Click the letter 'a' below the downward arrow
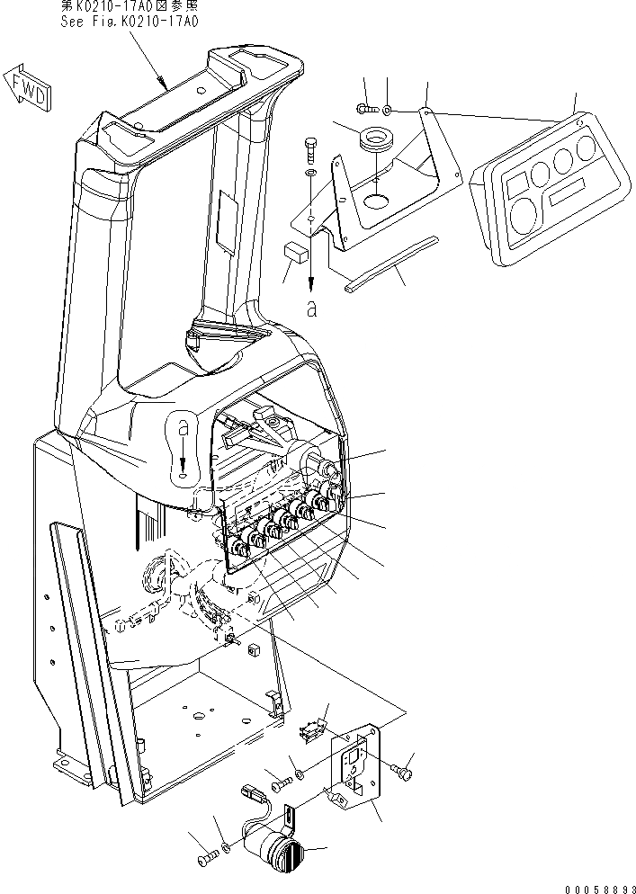[x=311, y=308]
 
